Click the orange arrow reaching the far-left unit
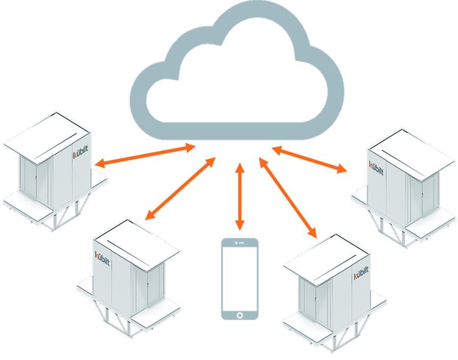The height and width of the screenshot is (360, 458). coord(145,156)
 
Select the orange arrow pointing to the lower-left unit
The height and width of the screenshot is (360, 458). coord(180,189)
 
